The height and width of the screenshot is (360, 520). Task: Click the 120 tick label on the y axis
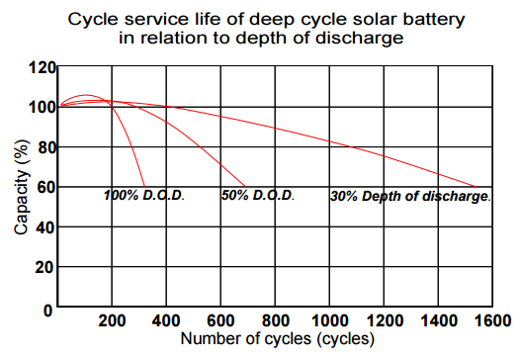pos(41,67)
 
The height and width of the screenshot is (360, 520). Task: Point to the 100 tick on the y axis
pos(41,107)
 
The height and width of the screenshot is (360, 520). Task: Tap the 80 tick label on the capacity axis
pos(44,147)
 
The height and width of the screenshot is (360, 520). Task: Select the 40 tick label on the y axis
pos(44,226)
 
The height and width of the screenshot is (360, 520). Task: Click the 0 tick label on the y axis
pos(48,309)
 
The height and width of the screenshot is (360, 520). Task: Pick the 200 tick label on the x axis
pos(114,320)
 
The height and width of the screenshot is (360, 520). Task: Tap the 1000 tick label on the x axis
pos(328,320)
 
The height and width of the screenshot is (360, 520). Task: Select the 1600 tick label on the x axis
pos(491,320)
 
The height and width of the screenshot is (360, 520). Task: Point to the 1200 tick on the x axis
pos(384,320)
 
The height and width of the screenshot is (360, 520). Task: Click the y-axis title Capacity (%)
pos(21,187)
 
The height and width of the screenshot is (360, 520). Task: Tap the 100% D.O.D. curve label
pos(144,196)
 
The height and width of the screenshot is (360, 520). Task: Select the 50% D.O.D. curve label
pos(258,196)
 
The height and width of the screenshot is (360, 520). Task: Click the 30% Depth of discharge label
pos(409,197)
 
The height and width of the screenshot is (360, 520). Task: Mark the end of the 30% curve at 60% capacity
pos(477,187)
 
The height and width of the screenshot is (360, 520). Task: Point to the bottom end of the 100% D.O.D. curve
pos(145,187)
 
